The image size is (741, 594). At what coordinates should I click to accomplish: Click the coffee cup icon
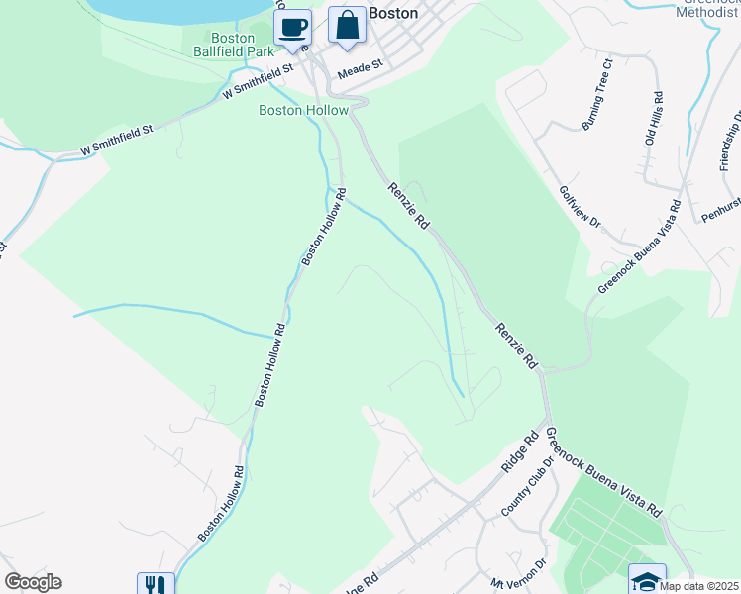point(292,28)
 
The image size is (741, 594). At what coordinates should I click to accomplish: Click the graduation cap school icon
point(647,581)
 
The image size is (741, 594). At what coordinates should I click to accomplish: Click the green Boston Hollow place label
point(304,111)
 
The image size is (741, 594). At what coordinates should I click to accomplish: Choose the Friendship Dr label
point(731,140)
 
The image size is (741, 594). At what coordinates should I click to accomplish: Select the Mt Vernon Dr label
point(519,575)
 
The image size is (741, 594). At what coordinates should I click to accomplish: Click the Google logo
point(34,582)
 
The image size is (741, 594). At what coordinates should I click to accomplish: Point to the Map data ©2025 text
point(698,586)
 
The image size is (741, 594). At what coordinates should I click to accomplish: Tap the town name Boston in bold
point(392,14)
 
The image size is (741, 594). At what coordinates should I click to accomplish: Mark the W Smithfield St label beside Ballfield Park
point(260,82)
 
